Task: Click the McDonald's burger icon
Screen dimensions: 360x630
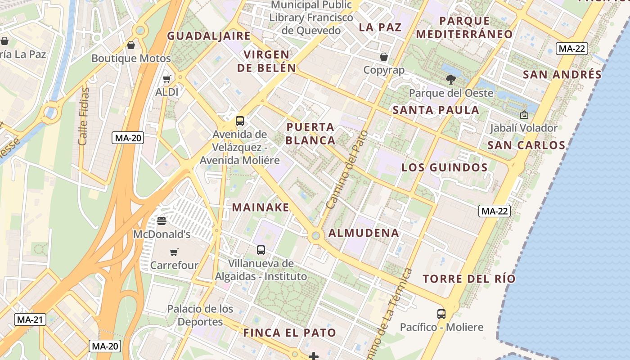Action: (162, 221)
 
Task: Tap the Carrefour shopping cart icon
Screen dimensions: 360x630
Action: (174, 252)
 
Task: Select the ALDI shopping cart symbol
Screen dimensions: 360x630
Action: (167, 79)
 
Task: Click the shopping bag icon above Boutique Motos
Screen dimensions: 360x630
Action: (131, 45)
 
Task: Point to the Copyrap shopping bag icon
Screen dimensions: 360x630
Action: (384, 57)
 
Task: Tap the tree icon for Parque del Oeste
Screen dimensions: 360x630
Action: (450, 80)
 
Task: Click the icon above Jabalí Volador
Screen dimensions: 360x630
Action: (524, 115)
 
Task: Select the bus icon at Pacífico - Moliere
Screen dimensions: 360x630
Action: (441, 314)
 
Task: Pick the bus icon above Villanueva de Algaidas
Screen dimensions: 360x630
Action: (261, 250)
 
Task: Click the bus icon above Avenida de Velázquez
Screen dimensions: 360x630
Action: (240, 121)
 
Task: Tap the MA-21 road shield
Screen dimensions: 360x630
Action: (30, 320)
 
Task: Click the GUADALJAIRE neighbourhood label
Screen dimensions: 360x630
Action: (209, 36)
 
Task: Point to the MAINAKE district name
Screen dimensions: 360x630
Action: (261, 207)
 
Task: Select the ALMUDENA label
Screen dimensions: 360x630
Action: (364, 233)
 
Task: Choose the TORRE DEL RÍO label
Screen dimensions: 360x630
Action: (469, 279)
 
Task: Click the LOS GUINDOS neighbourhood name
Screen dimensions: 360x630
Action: (445, 168)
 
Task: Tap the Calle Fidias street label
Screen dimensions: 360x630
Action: (84, 116)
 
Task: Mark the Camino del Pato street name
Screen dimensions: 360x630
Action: (347, 170)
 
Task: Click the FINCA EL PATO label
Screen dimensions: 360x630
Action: (290, 333)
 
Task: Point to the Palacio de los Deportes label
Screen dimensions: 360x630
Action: (200, 315)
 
